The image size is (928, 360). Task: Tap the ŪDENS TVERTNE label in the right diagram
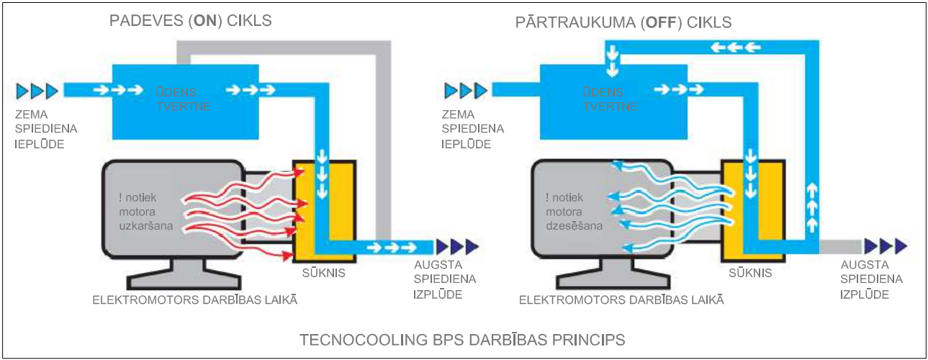coord(611,99)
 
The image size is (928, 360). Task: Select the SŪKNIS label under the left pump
coord(324,273)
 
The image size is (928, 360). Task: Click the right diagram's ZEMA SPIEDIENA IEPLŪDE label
coord(472,129)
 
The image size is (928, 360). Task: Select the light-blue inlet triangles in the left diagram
coord(37,91)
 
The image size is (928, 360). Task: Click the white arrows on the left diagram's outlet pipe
coord(392,247)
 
